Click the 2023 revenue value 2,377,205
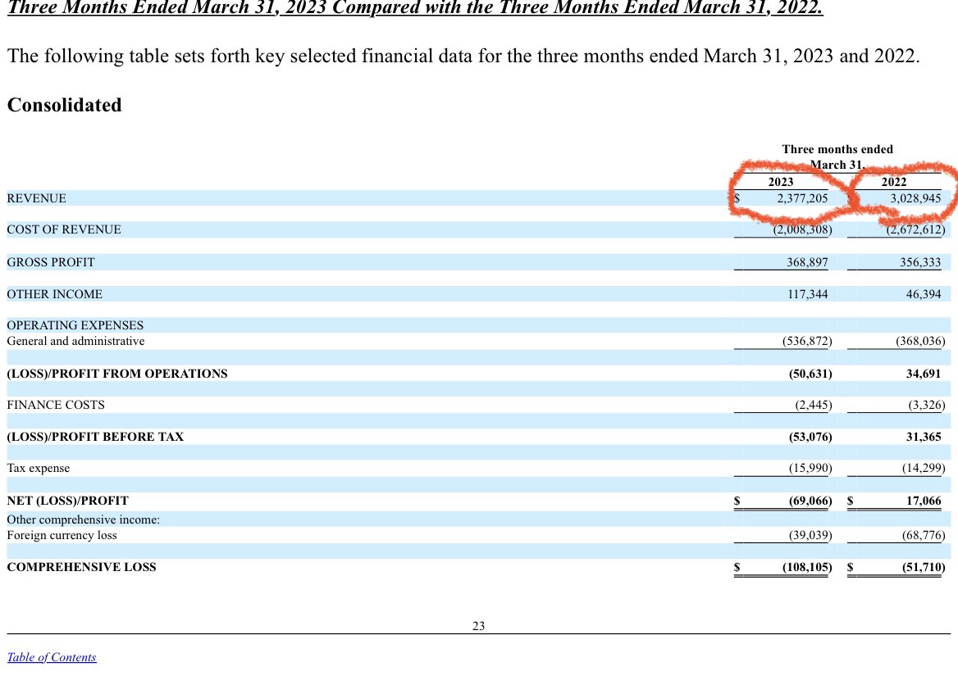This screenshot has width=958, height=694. pyautogui.click(x=802, y=198)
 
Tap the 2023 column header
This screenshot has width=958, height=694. pyautogui.click(x=780, y=182)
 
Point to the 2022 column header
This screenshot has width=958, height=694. pyautogui.click(x=893, y=182)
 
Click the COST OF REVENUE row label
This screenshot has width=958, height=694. pyautogui.click(x=64, y=229)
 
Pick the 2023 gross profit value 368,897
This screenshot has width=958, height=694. pyautogui.click(x=807, y=262)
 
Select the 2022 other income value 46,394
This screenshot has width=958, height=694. pyautogui.click(x=923, y=294)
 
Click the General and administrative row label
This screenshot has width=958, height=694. pyautogui.click(x=75, y=341)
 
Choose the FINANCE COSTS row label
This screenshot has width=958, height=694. pyautogui.click(x=56, y=405)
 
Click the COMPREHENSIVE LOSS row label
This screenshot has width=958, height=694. pyautogui.click(x=81, y=567)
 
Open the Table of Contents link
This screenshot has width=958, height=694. pyautogui.click(x=52, y=657)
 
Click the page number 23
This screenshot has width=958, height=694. pyautogui.click(x=479, y=627)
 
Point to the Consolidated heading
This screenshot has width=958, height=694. pyautogui.click(x=64, y=105)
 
